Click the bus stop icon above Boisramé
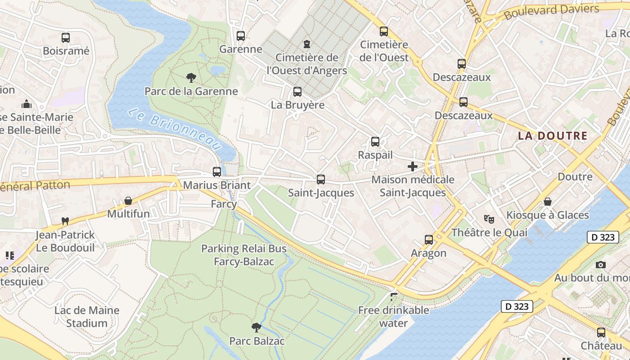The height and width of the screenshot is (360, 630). tap(66, 38)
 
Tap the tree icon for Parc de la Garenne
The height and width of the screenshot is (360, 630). tap(191, 78)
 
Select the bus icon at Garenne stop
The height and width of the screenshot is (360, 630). tap(241, 36)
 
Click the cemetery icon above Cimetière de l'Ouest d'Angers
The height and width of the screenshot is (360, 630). tap(307, 44)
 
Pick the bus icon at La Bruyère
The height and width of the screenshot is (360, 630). tap(297, 92)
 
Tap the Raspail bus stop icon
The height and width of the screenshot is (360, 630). tap(375, 142)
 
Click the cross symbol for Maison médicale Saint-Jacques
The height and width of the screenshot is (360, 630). tap(412, 166)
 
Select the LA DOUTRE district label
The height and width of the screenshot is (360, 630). tap(553, 135)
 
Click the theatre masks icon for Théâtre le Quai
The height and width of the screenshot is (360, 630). tap(489, 219)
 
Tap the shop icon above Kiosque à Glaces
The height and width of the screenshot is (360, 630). tap(547, 202)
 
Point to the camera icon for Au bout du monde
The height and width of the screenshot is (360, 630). tap(600, 265)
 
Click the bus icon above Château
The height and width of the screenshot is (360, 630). tap(601, 333)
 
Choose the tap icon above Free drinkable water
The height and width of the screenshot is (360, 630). tap(394, 297)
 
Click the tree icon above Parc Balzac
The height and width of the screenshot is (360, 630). tap(256, 327)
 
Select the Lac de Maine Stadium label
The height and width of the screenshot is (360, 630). tap(87, 316)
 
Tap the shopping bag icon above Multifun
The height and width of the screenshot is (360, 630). tap(128, 201)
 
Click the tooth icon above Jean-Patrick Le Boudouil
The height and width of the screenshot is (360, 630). tap(65, 221)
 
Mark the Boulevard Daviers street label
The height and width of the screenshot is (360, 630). tap(551, 12)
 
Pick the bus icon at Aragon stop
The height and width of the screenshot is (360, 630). tap(428, 240)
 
